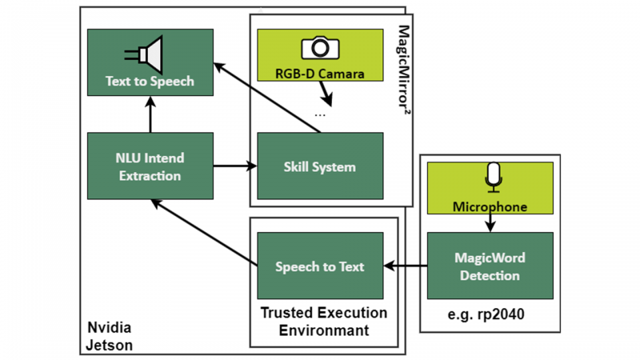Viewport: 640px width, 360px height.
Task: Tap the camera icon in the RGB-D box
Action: (320, 49)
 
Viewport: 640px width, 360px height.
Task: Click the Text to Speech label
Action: (150, 81)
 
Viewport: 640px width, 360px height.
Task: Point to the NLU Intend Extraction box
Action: (150, 166)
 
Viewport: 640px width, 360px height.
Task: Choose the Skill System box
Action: (320, 166)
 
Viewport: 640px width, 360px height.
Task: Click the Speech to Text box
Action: (320, 266)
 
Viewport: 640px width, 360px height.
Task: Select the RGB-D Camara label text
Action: (320, 74)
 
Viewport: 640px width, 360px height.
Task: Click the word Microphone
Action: (490, 206)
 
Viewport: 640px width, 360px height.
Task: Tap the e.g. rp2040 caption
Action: (487, 314)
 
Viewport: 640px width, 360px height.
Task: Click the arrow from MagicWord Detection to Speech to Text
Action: (405, 266)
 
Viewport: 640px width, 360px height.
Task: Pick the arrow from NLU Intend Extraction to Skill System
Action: (235, 166)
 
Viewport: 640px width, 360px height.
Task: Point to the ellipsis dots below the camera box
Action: (320, 114)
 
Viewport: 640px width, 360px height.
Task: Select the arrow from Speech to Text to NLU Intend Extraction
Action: (204, 232)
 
